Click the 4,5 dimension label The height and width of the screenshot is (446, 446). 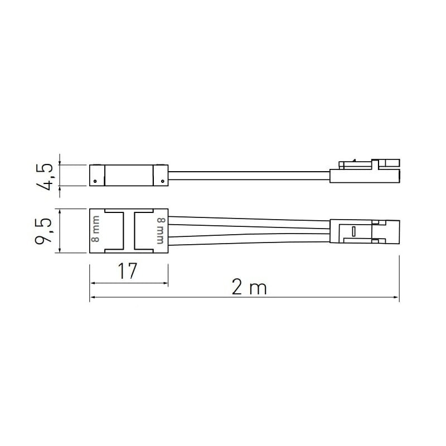(x=45, y=177)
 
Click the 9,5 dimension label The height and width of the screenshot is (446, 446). (x=43, y=231)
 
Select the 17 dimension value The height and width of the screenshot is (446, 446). (x=128, y=271)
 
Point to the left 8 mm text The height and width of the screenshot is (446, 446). (x=96, y=229)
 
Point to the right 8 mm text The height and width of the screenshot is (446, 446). (x=161, y=231)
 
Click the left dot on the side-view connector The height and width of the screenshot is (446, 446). (x=95, y=181)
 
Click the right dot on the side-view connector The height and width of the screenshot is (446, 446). (x=162, y=181)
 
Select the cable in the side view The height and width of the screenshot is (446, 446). (x=249, y=176)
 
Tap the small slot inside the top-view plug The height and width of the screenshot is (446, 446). (x=353, y=231)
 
